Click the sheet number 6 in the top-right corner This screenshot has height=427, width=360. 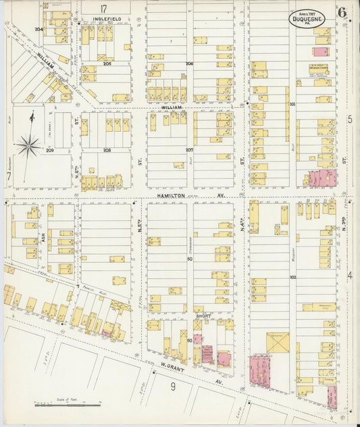pos(342,12)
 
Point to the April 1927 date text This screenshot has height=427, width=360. pos(307,12)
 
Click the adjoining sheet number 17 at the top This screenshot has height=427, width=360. pos(104,9)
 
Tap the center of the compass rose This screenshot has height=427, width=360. pos(28,143)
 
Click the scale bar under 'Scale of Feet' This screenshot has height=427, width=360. pos(68,405)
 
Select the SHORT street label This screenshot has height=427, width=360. pos(203,315)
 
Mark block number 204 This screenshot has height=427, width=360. pos(38,29)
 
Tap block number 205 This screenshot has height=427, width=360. pos(107,63)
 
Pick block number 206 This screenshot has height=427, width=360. pos(190,63)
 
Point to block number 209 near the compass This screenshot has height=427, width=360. pos(50,150)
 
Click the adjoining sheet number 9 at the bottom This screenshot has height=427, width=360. pos(173,386)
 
